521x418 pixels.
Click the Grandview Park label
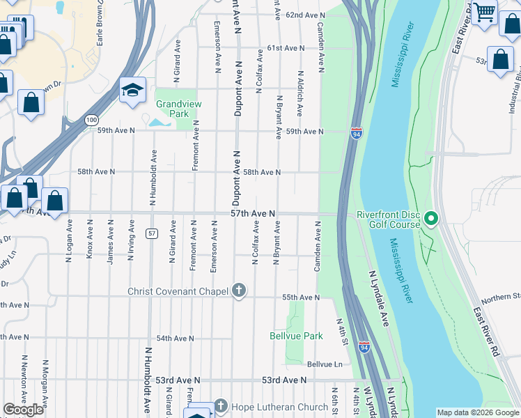point(172,109)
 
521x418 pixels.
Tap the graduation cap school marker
point(132,90)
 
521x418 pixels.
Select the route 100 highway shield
point(92,120)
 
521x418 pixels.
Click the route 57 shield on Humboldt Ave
point(150,233)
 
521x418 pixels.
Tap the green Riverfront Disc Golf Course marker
point(430,219)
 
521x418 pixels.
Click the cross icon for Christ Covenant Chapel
point(239,291)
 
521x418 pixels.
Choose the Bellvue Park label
point(296,336)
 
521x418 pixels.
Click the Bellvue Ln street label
point(325,364)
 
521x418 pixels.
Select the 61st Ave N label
point(285,48)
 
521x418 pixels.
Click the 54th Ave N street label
point(174,338)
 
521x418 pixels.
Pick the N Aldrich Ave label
point(300,93)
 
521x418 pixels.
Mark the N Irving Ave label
point(130,240)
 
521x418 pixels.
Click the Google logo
point(24,409)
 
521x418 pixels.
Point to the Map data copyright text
point(477,412)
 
